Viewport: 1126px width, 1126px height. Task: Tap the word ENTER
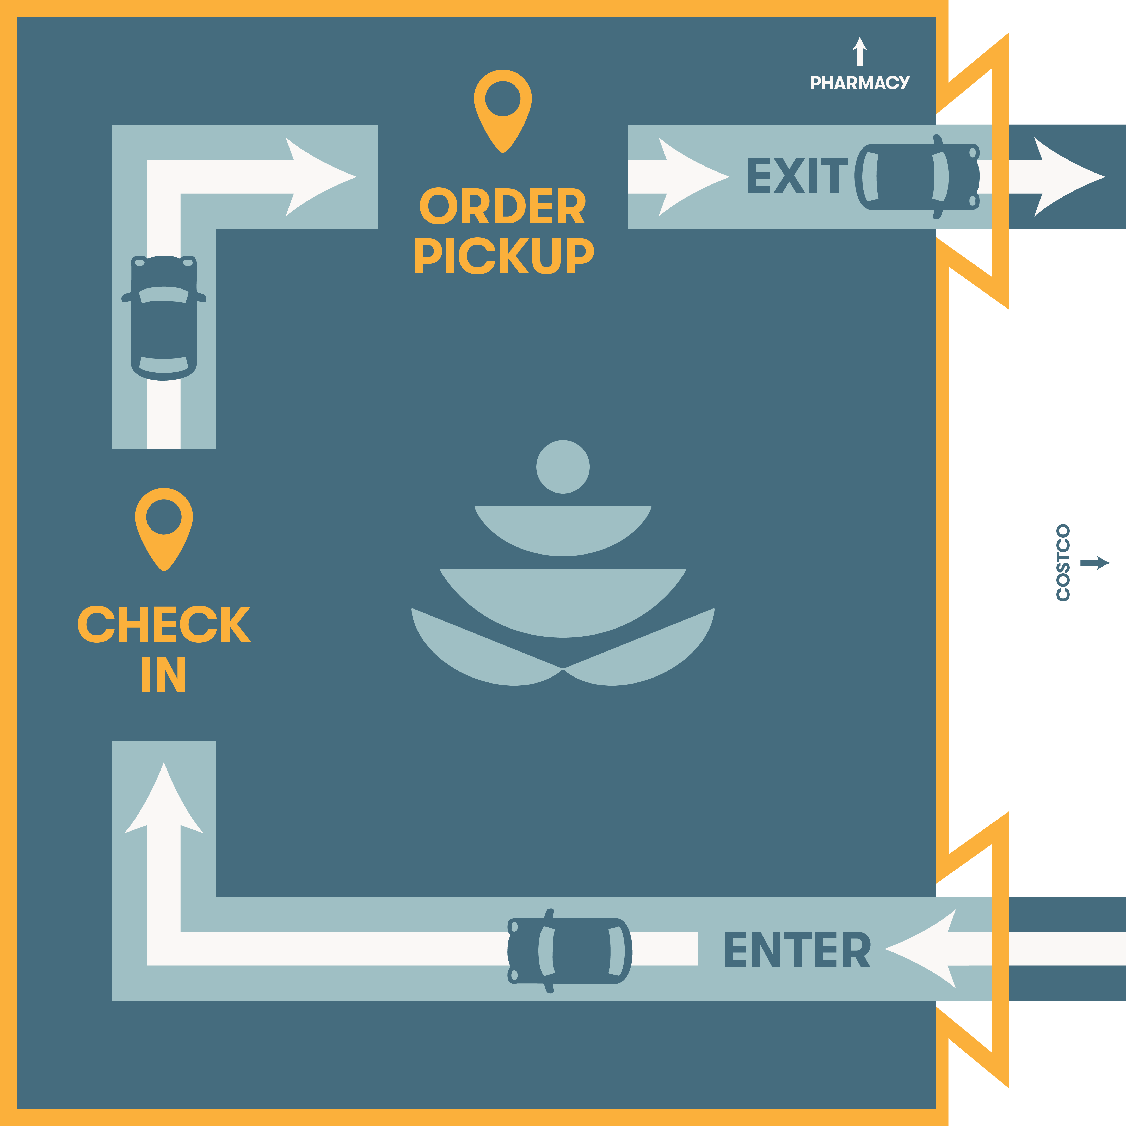click(797, 949)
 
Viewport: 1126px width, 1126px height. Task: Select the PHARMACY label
click(860, 83)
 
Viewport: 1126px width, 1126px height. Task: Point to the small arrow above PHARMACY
click(860, 51)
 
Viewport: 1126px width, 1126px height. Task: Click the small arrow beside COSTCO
click(1094, 563)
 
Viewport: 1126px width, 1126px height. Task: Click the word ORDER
click(502, 206)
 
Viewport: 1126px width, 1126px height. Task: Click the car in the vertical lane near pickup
click(164, 318)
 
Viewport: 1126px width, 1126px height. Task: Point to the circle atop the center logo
click(562, 467)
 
